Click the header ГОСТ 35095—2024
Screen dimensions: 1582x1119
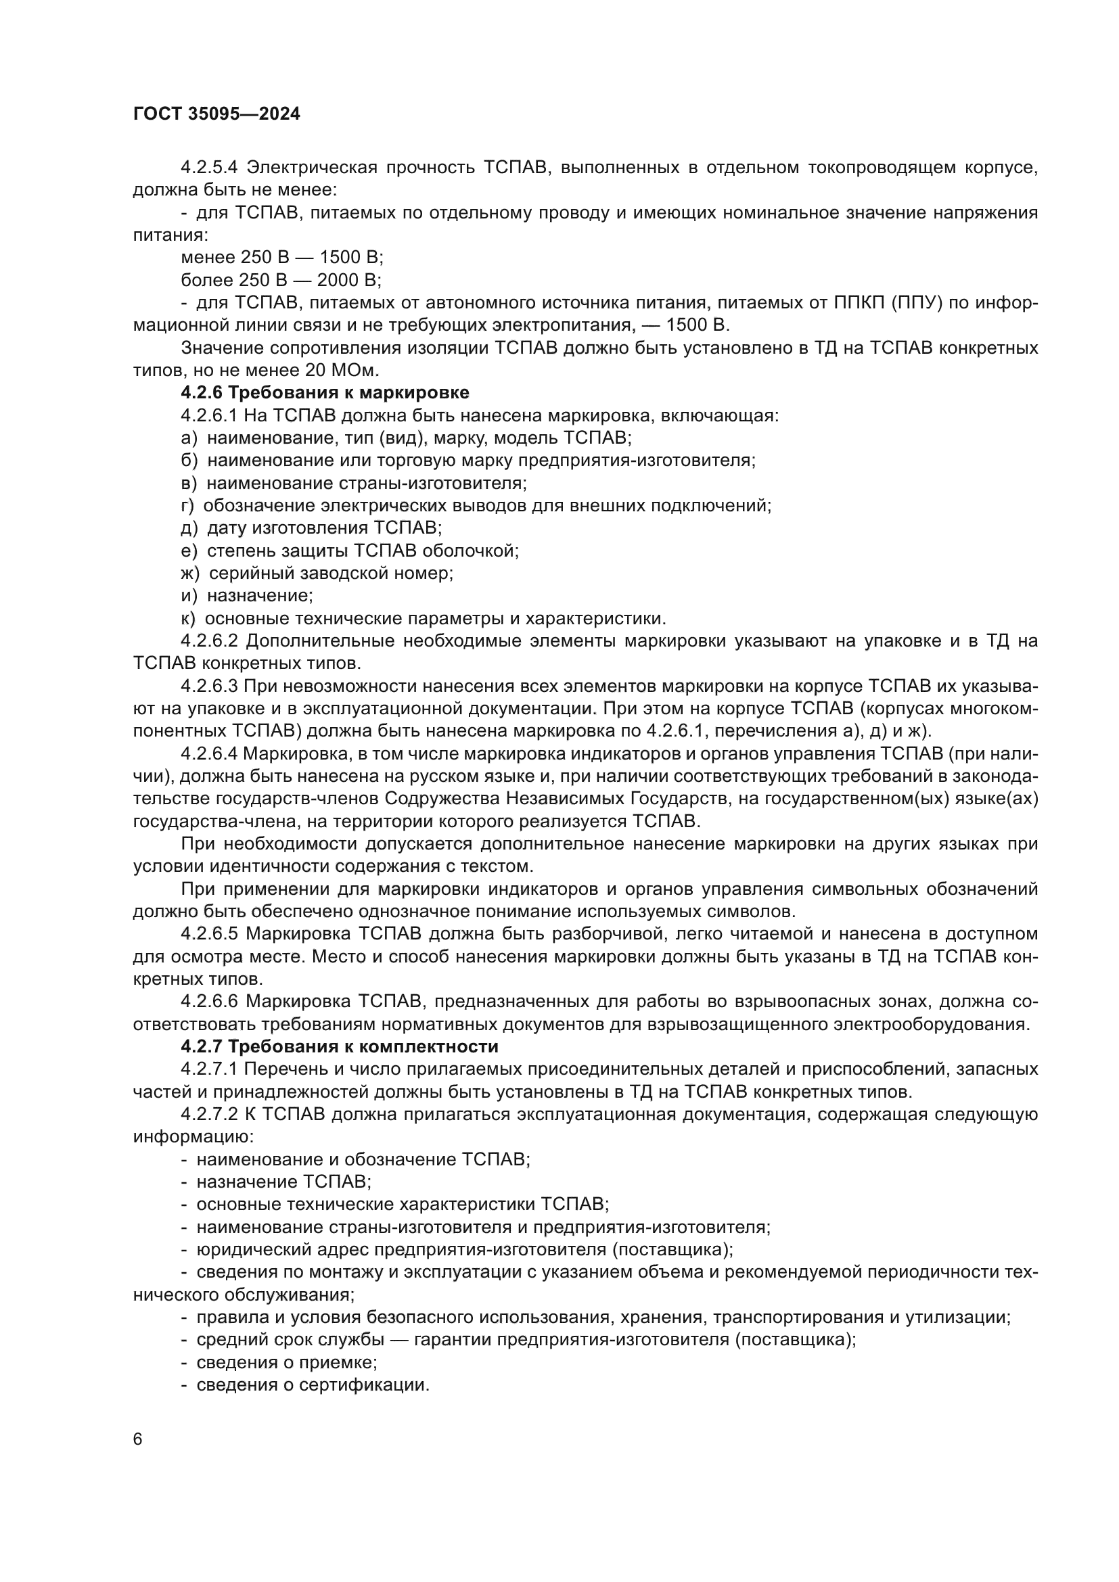coord(216,114)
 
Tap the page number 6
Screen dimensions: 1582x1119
coord(138,1440)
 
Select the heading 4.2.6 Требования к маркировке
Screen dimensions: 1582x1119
coord(325,393)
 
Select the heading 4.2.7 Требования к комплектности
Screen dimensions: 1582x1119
coord(339,1046)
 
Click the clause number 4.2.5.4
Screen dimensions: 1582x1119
coord(209,168)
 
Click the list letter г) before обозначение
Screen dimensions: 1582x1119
coord(187,506)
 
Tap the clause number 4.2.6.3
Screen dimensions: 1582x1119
coord(209,687)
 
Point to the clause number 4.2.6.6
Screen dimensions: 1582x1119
coord(209,1001)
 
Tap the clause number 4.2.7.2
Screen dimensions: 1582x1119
coord(209,1114)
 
